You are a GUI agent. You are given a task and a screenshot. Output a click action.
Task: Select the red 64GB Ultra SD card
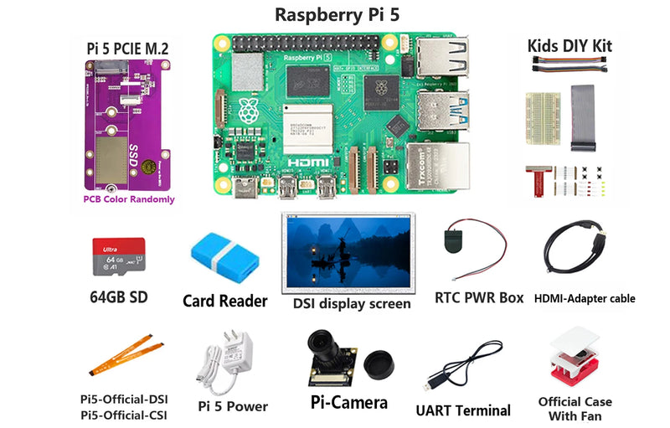[117, 255]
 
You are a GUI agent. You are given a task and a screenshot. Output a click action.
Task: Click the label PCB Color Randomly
[128, 199]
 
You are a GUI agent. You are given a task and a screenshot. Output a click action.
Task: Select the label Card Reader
[224, 301]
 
